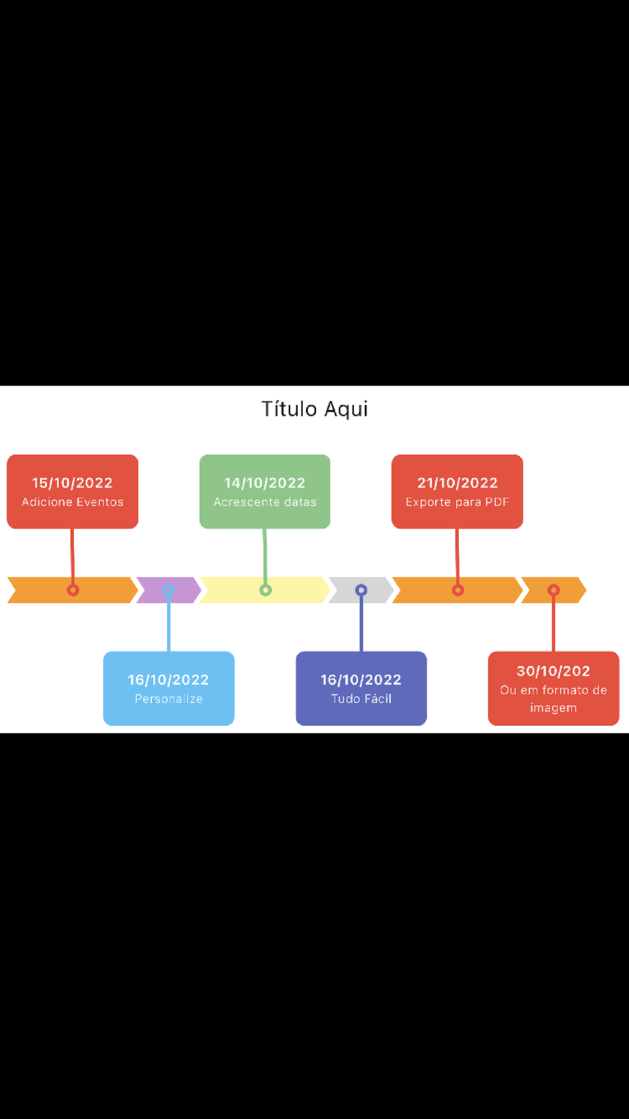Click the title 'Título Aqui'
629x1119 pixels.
pyautogui.click(x=314, y=409)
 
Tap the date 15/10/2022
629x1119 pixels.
pyautogui.click(x=72, y=483)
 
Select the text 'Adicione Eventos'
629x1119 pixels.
pyautogui.click(x=72, y=502)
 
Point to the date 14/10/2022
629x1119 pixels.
pyautogui.click(x=265, y=483)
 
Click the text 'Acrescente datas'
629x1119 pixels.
pyautogui.click(x=265, y=502)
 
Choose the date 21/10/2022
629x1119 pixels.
pyautogui.click(x=457, y=483)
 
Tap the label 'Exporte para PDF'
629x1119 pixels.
pyautogui.click(x=457, y=502)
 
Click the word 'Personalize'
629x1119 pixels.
pyautogui.click(x=169, y=699)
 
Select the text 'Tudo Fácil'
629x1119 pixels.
pyautogui.click(x=361, y=699)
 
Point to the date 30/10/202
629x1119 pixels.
pyautogui.click(x=554, y=671)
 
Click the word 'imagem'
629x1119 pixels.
pyautogui.click(x=554, y=708)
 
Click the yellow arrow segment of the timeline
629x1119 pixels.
pyautogui.click(x=296, y=590)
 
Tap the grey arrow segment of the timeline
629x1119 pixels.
pyautogui.click(x=377, y=590)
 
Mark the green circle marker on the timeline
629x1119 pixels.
pyautogui.click(x=265, y=590)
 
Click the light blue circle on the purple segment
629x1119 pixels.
pyautogui.click(x=169, y=590)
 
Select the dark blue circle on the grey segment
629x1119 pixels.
pyautogui.click(x=361, y=590)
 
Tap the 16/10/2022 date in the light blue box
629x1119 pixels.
pyautogui.click(x=169, y=680)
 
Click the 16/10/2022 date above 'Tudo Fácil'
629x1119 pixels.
pyautogui.click(x=361, y=680)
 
